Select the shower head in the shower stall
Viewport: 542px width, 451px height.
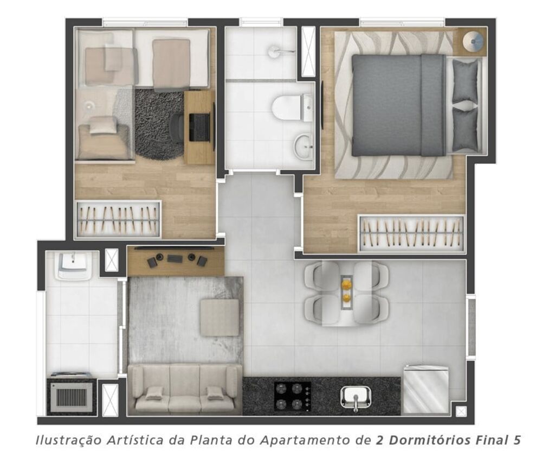[x=275, y=51]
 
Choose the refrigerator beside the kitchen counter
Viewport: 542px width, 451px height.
[x=425, y=390]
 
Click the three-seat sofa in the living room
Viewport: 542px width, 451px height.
[x=184, y=389]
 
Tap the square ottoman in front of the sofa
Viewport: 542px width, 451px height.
[x=220, y=317]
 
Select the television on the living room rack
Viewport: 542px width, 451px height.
[x=175, y=258]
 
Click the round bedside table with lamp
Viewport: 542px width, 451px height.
[x=474, y=41]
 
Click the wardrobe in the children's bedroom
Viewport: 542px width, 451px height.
[x=118, y=220]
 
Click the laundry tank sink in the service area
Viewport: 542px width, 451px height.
[x=73, y=264]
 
